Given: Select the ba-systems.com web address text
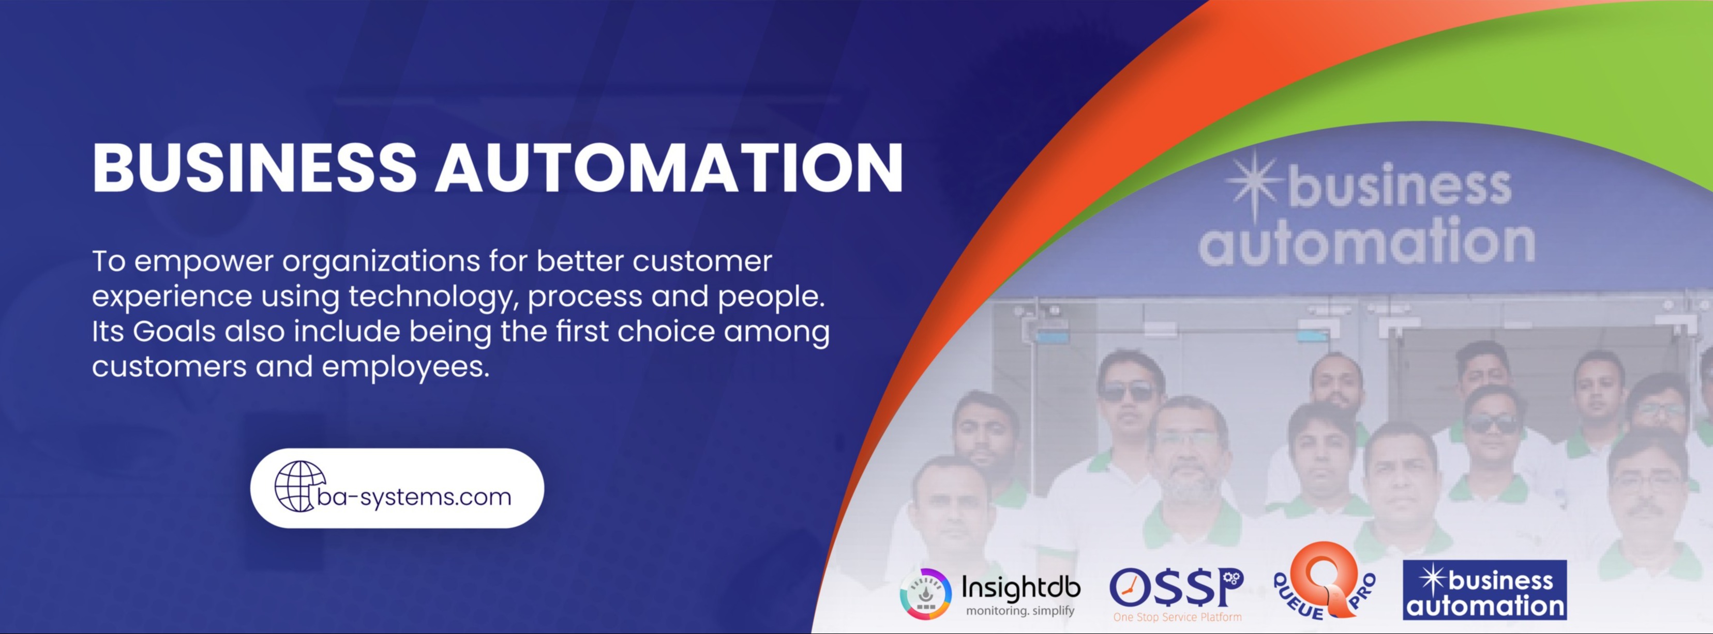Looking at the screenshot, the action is [x=414, y=497].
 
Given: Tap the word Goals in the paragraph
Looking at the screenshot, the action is [x=174, y=331].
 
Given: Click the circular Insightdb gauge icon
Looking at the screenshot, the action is [x=925, y=594].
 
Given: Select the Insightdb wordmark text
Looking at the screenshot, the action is [x=1021, y=588].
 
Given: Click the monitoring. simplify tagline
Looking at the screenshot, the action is [x=1020, y=610].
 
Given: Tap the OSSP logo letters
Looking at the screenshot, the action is [x=1176, y=587].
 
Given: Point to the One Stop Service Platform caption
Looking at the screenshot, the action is [x=1177, y=617].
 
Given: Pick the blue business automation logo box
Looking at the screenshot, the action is [x=1484, y=590].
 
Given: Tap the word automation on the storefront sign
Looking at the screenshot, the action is [x=1366, y=241].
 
